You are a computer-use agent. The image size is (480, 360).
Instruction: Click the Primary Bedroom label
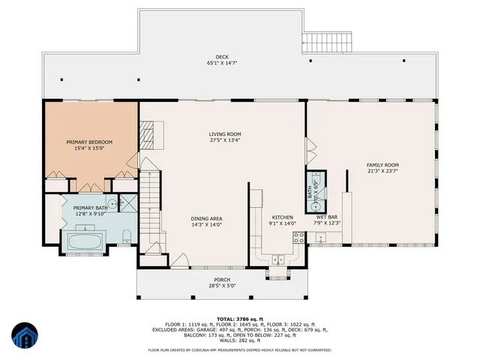[x=89, y=142]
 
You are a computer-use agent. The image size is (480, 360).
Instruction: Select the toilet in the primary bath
[x=127, y=236]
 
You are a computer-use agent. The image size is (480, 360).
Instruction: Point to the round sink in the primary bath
[x=112, y=203]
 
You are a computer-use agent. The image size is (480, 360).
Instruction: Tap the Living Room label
[x=224, y=135]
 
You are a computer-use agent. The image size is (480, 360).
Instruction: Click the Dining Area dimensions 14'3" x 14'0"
[x=206, y=224]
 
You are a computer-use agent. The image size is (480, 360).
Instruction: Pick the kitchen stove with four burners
[x=298, y=239]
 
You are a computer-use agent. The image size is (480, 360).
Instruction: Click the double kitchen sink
[x=278, y=260]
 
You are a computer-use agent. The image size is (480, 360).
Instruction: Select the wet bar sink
[x=320, y=239]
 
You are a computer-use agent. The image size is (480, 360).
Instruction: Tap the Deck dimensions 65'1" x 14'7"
[x=221, y=64]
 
